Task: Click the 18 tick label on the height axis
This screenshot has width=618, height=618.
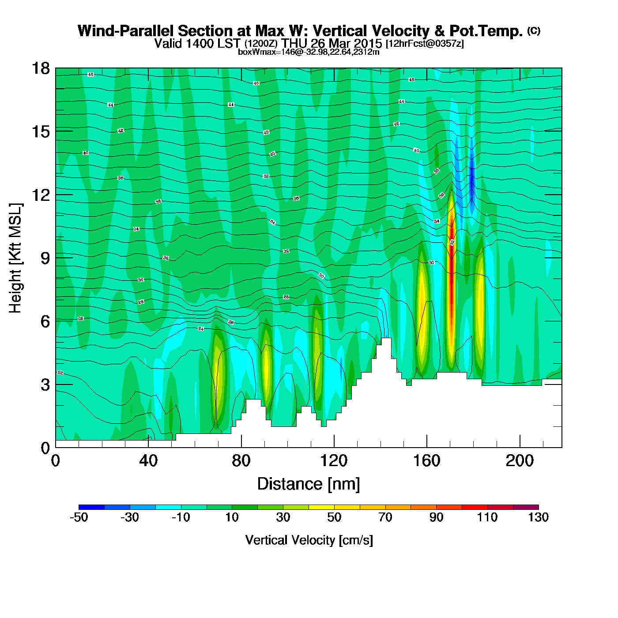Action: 40,68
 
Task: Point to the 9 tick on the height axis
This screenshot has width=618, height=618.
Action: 45,258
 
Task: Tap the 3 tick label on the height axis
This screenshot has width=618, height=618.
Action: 45,385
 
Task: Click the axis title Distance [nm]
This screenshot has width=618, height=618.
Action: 309,484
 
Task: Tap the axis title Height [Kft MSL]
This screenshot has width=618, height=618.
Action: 15,258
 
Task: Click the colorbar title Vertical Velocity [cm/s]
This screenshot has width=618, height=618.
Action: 309,540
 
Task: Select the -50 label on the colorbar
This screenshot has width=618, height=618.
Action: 79,517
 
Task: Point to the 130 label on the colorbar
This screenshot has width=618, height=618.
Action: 538,517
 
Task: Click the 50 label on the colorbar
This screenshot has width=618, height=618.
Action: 334,517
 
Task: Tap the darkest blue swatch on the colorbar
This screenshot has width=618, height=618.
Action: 91,507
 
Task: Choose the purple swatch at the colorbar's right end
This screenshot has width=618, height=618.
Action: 526,507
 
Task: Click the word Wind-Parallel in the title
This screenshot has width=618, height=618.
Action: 126,31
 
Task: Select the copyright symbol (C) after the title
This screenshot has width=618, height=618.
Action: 534,30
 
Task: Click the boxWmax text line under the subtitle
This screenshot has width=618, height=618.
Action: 309,52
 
